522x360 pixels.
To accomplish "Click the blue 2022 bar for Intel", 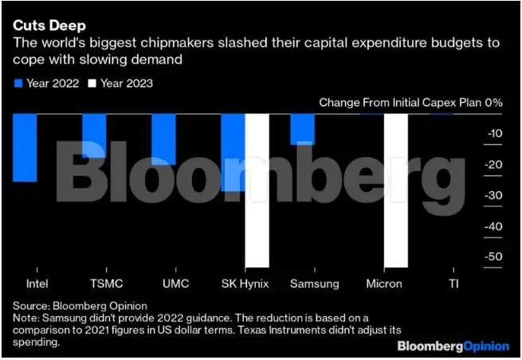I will [25, 147].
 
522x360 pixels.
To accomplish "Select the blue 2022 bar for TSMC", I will [94, 135].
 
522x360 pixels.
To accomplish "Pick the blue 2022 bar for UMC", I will [163, 139].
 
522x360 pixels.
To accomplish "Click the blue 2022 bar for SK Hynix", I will [233, 151].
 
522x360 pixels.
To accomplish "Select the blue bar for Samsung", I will [302, 129].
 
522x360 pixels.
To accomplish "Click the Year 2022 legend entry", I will [47, 83].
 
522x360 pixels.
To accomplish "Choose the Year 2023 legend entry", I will [121, 83].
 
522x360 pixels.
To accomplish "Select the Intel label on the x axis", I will [25, 284].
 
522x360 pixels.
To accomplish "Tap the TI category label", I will [453, 284].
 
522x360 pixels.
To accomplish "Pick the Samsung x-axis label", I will [314, 284].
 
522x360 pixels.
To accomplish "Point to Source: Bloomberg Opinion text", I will [71, 306].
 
